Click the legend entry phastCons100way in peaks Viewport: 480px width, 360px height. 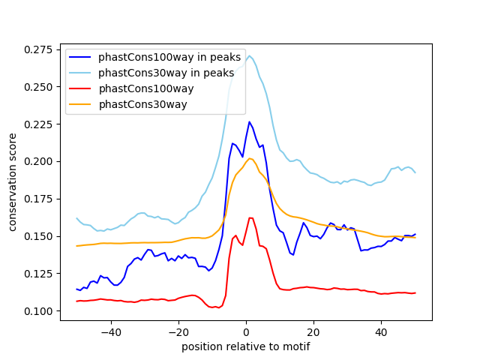pyautogui.click(x=169, y=57)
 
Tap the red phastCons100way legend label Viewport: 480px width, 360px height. pyautogui.click(x=145, y=88)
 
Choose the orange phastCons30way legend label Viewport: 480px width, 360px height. pyautogui.click(x=142, y=104)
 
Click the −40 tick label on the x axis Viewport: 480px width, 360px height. pyautogui.click(x=110, y=331)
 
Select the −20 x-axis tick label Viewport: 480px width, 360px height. pyautogui.click(x=178, y=331)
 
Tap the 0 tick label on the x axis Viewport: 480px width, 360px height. pyautogui.click(x=246, y=331)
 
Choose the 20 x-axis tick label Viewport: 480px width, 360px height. pyautogui.click(x=313, y=331)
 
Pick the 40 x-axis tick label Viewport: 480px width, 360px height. pyautogui.click(x=381, y=331)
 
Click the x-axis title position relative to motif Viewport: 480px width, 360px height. pyautogui.click(x=245, y=346)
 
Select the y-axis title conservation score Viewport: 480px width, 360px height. pyautogui.click(x=13, y=181)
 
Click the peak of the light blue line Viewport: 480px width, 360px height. pyautogui.click(x=250, y=55)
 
